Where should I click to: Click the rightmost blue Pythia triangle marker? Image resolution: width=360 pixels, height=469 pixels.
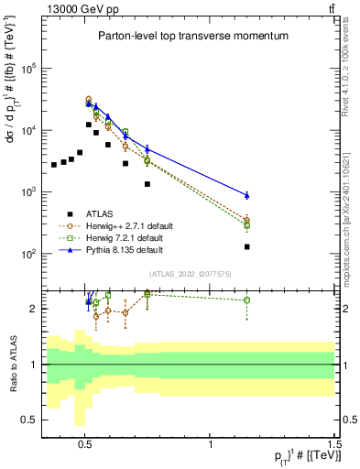pyautogui.click(x=246, y=195)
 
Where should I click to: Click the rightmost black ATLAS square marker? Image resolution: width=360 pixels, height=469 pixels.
pyautogui.click(x=246, y=246)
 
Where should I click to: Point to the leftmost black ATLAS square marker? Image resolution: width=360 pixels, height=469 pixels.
pyautogui.click(x=55, y=165)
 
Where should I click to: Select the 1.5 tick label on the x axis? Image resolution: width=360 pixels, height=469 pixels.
pyautogui.click(x=334, y=440)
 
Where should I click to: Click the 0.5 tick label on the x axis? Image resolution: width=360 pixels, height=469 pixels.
pyautogui.click(x=85, y=440)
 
